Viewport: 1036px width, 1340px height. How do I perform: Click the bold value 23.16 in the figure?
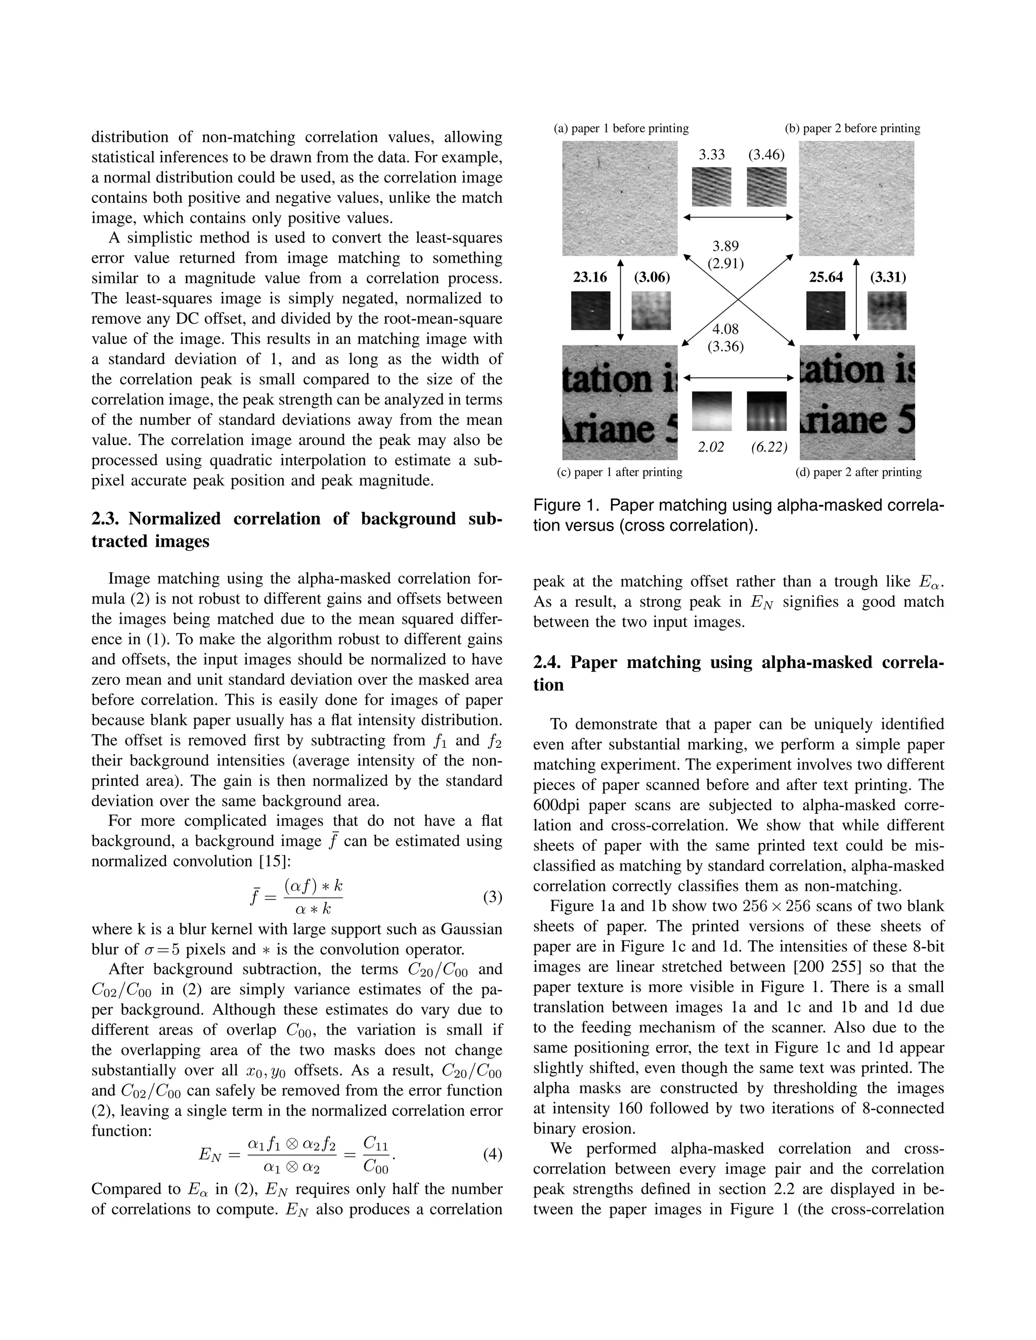(590, 277)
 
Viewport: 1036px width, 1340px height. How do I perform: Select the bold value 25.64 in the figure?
(826, 277)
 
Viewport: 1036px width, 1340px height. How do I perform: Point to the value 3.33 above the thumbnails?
(712, 155)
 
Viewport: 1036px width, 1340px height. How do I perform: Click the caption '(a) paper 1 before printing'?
(621, 128)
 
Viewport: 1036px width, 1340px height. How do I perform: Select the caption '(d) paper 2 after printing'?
(858, 472)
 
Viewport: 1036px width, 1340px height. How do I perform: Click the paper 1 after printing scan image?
(620, 403)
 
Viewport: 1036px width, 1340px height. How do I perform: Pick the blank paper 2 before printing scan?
(856, 198)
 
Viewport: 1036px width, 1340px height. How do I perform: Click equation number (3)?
(492, 897)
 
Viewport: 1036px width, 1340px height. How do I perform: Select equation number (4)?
(492, 1154)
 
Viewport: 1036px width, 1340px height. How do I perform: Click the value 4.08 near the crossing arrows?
(725, 330)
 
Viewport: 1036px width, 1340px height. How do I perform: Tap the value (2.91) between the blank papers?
(725, 264)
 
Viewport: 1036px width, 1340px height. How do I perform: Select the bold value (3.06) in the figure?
(652, 277)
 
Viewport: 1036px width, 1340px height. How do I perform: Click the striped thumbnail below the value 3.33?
(712, 187)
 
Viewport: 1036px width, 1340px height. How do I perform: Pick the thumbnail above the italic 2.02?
(712, 411)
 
